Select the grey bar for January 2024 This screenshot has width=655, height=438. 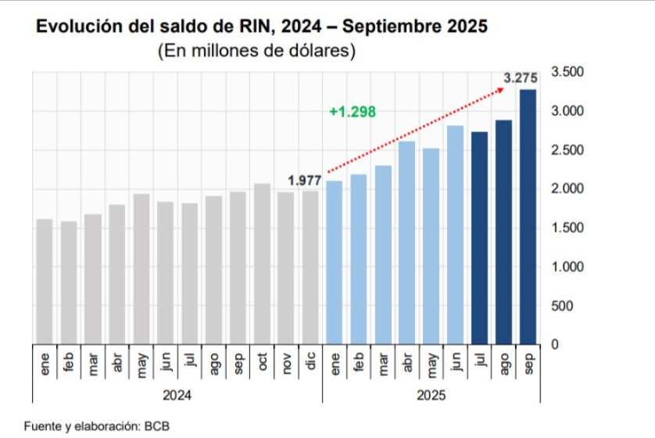(45, 281)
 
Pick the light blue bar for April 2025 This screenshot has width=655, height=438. (406, 242)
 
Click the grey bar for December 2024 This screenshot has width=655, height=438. (310, 267)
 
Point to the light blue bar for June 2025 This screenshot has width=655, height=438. (455, 234)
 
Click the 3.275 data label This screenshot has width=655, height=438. (521, 78)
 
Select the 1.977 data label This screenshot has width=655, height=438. (305, 181)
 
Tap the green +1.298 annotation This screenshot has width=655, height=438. (353, 112)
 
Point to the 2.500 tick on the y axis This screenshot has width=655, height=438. (567, 150)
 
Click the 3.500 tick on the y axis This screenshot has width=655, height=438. (567, 72)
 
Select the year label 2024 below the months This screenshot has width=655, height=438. (177, 397)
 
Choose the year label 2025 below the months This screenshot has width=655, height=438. (431, 397)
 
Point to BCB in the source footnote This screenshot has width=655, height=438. (156, 426)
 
